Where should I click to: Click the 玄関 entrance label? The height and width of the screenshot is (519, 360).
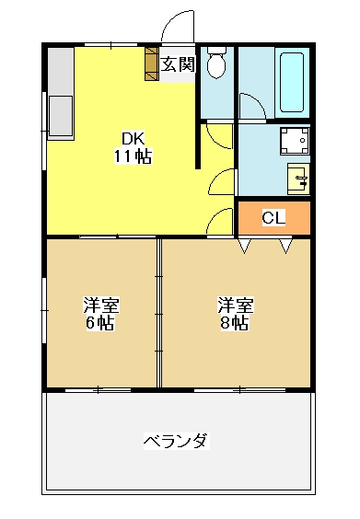[x=178, y=63]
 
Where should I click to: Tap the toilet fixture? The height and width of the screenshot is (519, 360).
[x=216, y=63]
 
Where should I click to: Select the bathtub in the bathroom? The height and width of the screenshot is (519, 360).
[x=292, y=83]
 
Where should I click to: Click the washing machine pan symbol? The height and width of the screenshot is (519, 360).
[x=295, y=141]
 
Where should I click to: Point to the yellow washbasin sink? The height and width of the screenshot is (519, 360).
[x=298, y=179]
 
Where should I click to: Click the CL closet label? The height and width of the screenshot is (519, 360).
[x=273, y=217]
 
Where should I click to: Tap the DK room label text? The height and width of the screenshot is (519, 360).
[x=134, y=139]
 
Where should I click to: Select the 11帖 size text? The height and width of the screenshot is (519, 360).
[x=134, y=156]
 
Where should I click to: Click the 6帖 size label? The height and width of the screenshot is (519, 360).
[x=100, y=323]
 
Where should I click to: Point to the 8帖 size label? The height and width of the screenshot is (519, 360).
[x=235, y=323]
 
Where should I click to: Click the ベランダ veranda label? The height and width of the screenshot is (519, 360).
[x=177, y=441]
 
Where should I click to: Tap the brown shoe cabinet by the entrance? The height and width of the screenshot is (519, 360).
[x=151, y=63]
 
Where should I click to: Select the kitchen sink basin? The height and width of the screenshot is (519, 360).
[x=61, y=116]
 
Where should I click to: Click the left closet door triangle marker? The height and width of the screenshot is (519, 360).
[x=244, y=246]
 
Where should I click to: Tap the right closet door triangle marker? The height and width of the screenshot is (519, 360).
[x=285, y=246]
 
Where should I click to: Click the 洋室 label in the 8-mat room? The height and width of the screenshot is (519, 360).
[x=236, y=306]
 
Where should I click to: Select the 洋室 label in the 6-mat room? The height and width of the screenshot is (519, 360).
[x=101, y=306]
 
